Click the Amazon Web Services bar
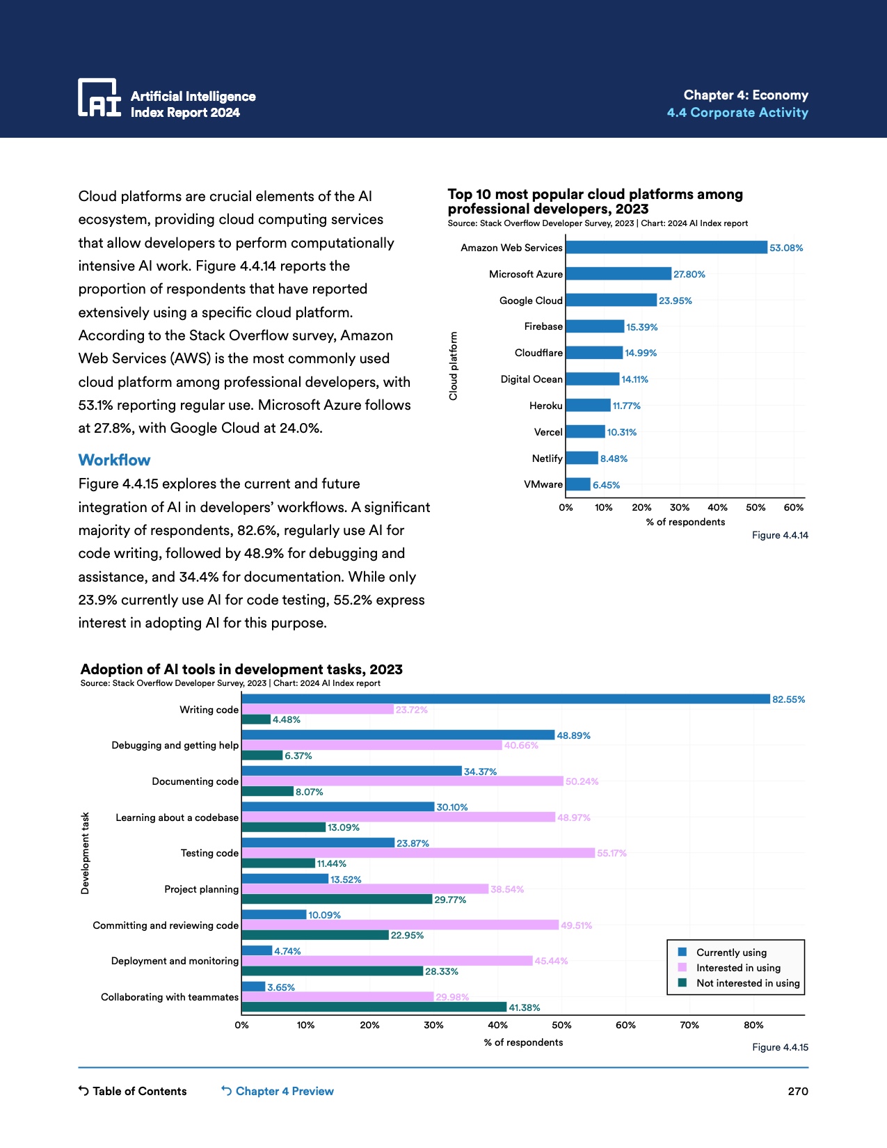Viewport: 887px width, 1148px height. (666, 248)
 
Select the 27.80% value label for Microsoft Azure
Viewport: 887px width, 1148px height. (689, 275)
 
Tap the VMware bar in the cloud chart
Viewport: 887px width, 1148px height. (578, 485)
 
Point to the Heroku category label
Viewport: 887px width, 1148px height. (546, 406)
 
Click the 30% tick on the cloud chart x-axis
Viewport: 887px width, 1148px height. (679, 508)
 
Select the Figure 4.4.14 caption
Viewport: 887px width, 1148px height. (780, 536)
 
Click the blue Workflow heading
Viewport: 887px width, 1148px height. (114, 460)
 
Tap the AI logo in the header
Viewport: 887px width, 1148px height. (99, 97)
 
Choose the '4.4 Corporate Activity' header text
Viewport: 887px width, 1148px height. (737, 113)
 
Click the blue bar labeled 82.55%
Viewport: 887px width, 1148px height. (506, 699)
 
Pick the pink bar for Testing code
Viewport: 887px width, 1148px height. (418, 853)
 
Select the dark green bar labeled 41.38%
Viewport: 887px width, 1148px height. (374, 1007)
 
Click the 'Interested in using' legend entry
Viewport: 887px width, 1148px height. (738, 968)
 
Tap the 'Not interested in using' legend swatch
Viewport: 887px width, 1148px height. (682, 983)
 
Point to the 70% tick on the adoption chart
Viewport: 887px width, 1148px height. (689, 1026)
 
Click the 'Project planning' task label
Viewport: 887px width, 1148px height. (202, 889)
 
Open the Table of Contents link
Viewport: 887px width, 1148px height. (133, 1091)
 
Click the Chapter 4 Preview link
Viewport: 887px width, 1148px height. (278, 1091)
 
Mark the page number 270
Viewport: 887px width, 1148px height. (798, 1091)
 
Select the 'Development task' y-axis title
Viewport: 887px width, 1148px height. (85, 853)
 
